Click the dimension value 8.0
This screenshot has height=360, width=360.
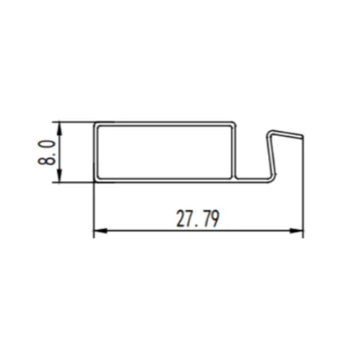pos(48,152)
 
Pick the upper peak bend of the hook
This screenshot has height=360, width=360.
pos(270,132)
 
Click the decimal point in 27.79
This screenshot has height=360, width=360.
pos(195,225)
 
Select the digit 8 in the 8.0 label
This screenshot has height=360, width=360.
pos(48,160)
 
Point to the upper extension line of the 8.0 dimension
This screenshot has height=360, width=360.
pos(76,122)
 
